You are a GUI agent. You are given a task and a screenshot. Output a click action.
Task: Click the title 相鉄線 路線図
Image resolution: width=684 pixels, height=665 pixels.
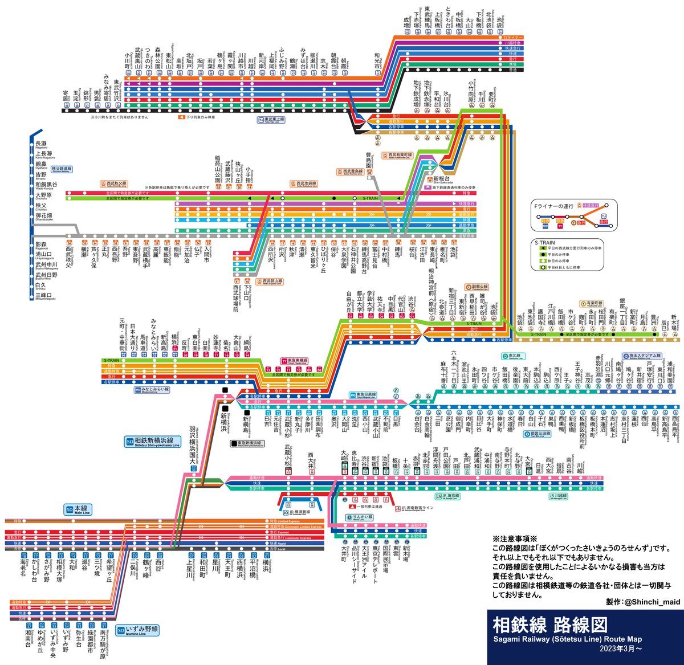(550, 625)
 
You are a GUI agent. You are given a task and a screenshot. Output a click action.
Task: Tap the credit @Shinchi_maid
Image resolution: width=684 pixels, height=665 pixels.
(639, 602)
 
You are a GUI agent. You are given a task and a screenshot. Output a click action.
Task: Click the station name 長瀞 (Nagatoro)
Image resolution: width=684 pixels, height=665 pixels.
(42, 144)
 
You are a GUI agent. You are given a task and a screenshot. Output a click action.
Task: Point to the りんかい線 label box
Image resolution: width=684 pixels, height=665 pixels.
(359, 517)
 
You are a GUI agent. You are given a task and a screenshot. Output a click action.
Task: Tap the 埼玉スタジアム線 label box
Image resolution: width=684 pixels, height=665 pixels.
(641, 356)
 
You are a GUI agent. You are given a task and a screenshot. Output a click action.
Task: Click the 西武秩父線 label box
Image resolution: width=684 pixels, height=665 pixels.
(113, 183)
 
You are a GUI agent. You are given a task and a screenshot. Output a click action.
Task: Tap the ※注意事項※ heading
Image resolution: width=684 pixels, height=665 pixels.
(515, 538)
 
